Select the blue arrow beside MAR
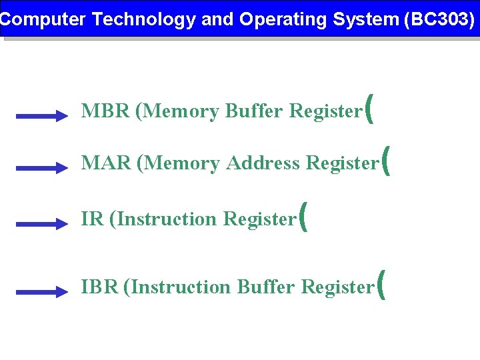point(42,168)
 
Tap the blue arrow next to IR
point(42,225)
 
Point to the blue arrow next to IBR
point(42,292)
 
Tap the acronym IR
point(92,219)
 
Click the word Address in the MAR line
point(263,163)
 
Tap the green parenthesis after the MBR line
point(369,109)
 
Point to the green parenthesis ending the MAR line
point(385,161)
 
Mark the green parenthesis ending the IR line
point(303,217)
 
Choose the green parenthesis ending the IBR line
point(381,285)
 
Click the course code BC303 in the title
point(439,19)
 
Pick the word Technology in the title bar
point(144,19)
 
